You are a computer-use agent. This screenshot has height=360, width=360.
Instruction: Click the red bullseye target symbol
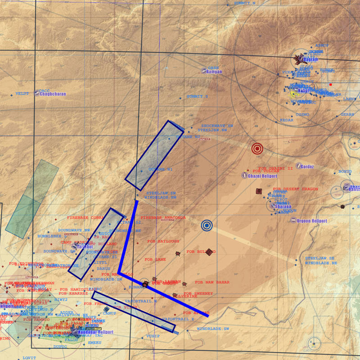pyautogui.click(x=257, y=148)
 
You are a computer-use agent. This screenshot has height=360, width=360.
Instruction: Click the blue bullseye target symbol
pyautogui.click(x=207, y=225)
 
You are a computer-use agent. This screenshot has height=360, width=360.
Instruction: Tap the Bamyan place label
pyautogui.click(x=214, y=72)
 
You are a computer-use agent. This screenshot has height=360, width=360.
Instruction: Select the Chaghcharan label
pyautogui.click(x=53, y=94)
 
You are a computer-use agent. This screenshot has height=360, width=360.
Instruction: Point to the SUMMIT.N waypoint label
pyautogui.click(x=244, y=3)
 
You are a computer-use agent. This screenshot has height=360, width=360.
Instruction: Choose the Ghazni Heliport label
pyautogui.click(x=262, y=176)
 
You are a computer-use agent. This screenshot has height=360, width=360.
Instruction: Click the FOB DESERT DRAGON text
pyautogui.click(x=295, y=189)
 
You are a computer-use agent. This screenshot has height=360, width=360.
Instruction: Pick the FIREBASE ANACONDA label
pyautogui.click(x=163, y=218)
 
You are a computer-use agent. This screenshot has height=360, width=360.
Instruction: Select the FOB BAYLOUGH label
pyautogui.click(x=163, y=242)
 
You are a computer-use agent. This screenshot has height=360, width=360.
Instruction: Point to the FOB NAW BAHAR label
pyautogui.click(x=212, y=282)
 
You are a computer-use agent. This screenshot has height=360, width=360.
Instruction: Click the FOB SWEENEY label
pyautogui.click(x=198, y=293)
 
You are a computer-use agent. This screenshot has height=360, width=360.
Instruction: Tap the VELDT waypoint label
pyautogui.click(x=22, y=94)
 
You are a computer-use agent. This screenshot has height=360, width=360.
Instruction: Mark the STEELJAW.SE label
pyautogui.click(x=320, y=258)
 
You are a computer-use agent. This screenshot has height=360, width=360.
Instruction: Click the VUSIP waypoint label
pyautogui.click(x=153, y=336)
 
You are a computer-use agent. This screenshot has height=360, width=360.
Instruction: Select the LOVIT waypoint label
pyautogui.click(x=29, y=358)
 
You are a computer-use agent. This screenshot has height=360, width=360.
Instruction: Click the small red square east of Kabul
pyautogui.click(x=330, y=85)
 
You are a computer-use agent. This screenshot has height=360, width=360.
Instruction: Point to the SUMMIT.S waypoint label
pyautogui.click(x=197, y=97)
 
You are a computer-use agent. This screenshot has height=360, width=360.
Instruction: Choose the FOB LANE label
pyautogui.click(x=155, y=260)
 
